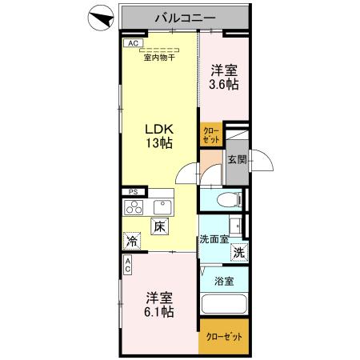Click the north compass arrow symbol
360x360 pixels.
(x=99, y=17)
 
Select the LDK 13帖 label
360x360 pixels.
(x=158, y=135)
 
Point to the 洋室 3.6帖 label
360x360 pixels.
(x=224, y=77)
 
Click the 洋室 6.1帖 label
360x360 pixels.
(x=157, y=304)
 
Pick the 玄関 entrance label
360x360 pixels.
(x=236, y=159)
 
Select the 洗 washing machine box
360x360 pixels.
(x=238, y=253)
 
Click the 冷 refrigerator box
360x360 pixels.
(x=130, y=240)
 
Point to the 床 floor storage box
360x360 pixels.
(x=159, y=227)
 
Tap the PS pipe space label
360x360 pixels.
(x=134, y=193)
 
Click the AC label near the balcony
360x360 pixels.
(x=133, y=43)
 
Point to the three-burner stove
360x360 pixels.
(x=134, y=208)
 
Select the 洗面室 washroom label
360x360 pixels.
(x=214, y=238)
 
